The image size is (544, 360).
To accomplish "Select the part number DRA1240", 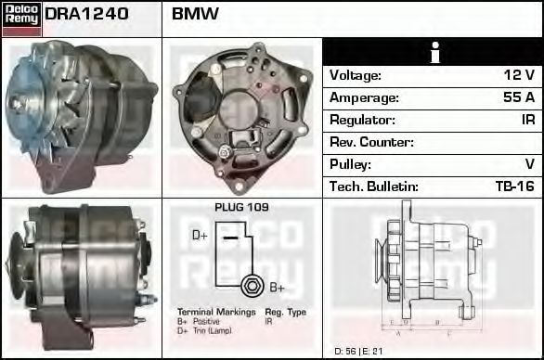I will [x=85, y=15].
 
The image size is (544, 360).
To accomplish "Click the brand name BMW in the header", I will [x=195, y=15].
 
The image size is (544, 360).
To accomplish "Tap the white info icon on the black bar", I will [x=433, y=53].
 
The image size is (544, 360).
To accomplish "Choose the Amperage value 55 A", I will [x=518, y=97].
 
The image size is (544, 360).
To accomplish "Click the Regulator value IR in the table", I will [x=526, y=120].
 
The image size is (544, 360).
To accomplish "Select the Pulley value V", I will [x=529, y=164].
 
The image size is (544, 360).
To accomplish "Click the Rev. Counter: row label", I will [x=371, y=142].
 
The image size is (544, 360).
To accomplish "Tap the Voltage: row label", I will [x=356, y=75].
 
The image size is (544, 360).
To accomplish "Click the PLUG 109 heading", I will [x=241, y=208].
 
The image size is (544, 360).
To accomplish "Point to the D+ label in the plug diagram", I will [x=200, y=236].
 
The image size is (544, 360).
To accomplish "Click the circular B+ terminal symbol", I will [x=250, y=285].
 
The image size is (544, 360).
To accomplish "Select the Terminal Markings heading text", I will [x=215, y=313].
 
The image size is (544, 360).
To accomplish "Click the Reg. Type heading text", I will [x=285, y=313].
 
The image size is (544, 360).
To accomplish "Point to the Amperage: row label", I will [x=364, y=97].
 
